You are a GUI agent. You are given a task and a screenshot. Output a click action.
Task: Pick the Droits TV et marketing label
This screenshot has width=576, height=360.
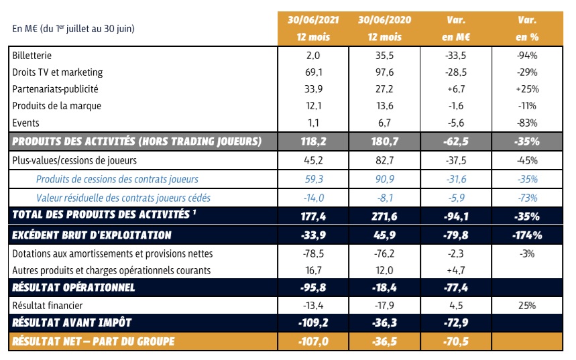pyautogui.click(x=58, y=72)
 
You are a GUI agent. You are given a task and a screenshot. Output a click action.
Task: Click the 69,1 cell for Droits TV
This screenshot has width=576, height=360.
pyautogui.click(x=312, y=72)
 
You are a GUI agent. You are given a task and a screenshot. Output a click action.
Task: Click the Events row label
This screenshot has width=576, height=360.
pyautogui.click(x=25, y=122)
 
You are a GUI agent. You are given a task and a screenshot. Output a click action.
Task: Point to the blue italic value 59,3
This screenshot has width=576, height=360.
pyautogui.click(x=312, y=179)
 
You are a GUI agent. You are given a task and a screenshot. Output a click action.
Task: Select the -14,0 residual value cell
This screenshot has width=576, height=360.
pyautogui.click(x=312, y=197)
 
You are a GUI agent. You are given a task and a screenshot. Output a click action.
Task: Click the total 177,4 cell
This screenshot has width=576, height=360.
pyautogui.click(x=312, y=215)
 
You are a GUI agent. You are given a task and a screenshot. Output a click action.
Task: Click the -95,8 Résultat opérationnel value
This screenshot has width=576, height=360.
pyautogui.click(x=312, y=288)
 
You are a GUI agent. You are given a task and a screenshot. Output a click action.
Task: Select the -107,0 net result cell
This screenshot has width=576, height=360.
pyautogui.click(x=312, y=341)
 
